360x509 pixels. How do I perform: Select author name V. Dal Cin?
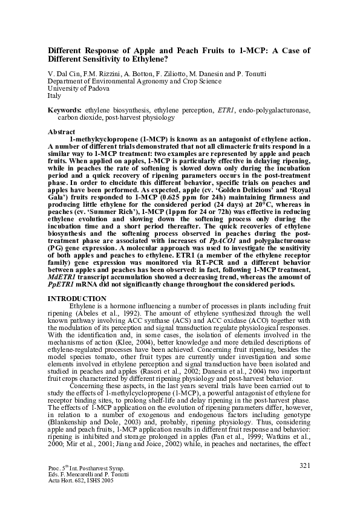[63, 74]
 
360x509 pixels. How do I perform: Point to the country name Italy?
[54, 96]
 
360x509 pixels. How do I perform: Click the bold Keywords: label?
[65, 110]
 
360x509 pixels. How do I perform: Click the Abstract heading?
[61, 131]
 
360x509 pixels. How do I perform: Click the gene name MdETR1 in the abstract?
[62, 276]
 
